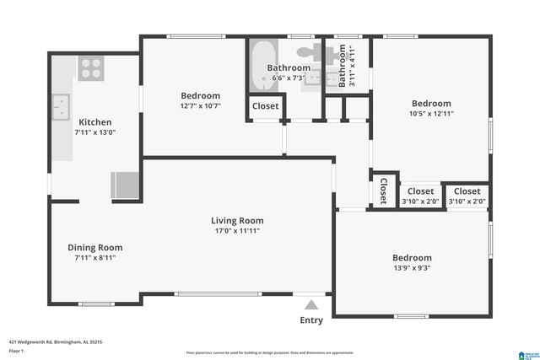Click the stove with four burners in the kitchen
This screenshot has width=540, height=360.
tap(90, 67)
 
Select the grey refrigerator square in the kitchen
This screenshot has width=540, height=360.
tap(124, 184)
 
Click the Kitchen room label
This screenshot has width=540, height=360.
tap(94, 121)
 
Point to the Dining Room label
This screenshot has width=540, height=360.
tap(95, 247)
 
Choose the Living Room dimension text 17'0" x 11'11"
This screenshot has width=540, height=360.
tap(237, 230)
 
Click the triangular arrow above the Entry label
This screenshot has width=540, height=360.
tap(311, 305)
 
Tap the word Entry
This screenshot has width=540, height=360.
tap(311, 320)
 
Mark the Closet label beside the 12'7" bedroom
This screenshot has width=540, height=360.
tap(265, 106)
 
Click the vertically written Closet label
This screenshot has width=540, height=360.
tap(383, 190)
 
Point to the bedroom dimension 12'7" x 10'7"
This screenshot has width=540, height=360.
tap(201, 105)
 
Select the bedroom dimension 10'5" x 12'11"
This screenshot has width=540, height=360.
tap(431, 114)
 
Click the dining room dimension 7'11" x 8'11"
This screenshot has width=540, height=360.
tap(94, 258)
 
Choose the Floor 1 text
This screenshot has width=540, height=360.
tap(15, 350)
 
